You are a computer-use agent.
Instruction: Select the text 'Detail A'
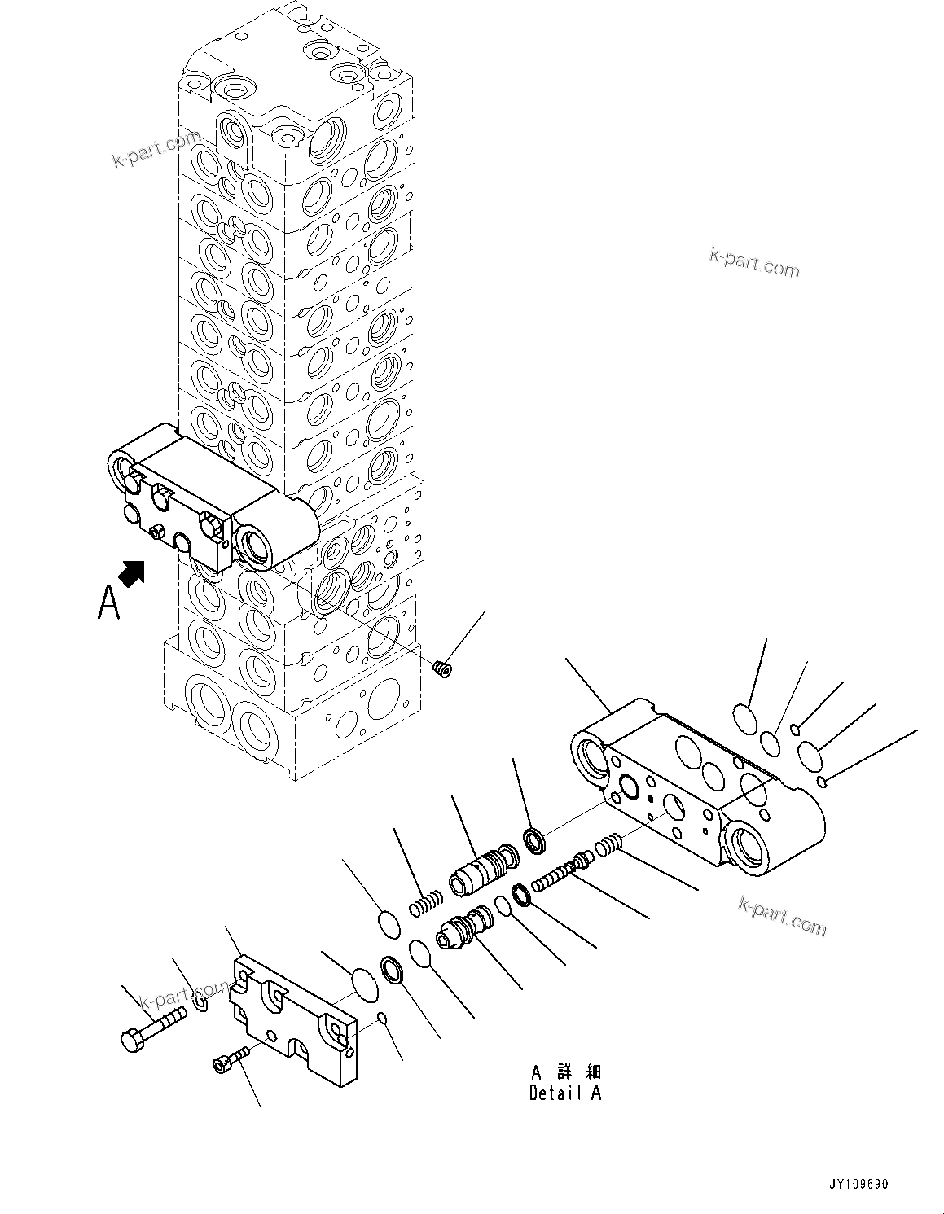pos(564,1093)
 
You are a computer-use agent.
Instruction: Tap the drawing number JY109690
pos(859,1183)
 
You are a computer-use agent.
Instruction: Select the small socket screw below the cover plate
pos(227,1062)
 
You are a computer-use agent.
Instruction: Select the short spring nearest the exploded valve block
pos(610,848)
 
